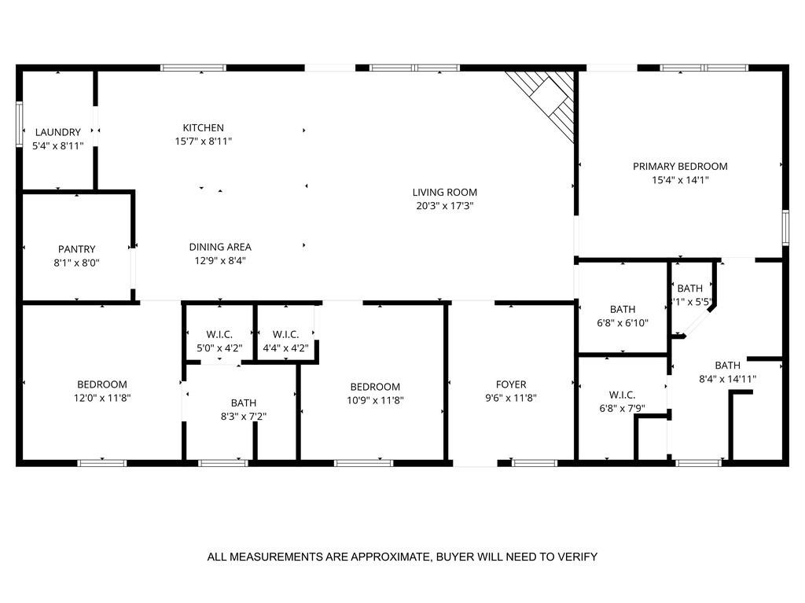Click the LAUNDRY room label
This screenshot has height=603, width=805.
[57, 132]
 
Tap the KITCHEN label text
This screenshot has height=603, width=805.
[204, 127]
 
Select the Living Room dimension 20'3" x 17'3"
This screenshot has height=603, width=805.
[445, 206]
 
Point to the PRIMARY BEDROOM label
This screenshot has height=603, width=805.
[680, 166]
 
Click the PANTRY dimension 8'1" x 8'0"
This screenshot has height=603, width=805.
[76, 263]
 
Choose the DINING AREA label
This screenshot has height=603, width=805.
[220, 247]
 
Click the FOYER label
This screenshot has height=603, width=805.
[511, 384]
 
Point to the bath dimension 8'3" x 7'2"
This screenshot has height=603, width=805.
[243, 417]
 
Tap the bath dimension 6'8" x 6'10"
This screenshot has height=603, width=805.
[622, 323]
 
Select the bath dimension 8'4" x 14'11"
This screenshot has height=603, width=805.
[727, 379]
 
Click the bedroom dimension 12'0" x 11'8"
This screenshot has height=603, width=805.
[102, 399]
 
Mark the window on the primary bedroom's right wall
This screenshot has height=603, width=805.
[784, 227]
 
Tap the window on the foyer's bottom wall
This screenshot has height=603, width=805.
[535, 462]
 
